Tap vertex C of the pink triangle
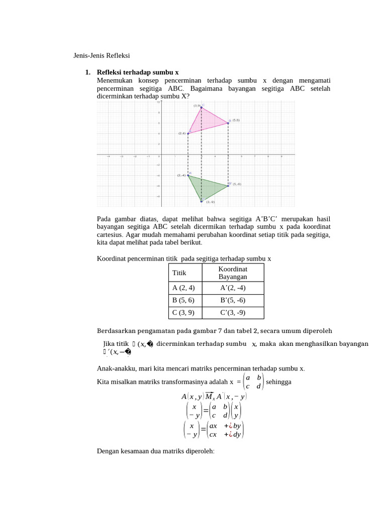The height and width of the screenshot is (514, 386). pyautogui.click(x=202, y=107)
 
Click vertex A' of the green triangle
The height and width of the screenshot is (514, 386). pyautogui.click(x=188, y=175)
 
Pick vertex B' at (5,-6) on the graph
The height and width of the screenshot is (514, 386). pyautogui.click(x=228, y=185)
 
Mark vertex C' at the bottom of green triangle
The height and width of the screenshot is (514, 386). pyautogui.click(x=202, y=201)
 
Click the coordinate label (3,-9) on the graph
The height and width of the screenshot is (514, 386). pyautogui.click(x=210, y=202)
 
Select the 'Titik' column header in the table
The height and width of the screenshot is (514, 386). pyautogui.click(x=179, y=273)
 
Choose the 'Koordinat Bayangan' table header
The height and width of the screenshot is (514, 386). pyautogui.click(x=232, y=273)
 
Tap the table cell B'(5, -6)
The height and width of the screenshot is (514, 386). pyautogui.click(x=232, y=300)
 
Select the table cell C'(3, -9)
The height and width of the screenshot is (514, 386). pyautogui.click(x=232, y=312)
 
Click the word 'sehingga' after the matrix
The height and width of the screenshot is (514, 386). pyautogui.click(x=279, y=382)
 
